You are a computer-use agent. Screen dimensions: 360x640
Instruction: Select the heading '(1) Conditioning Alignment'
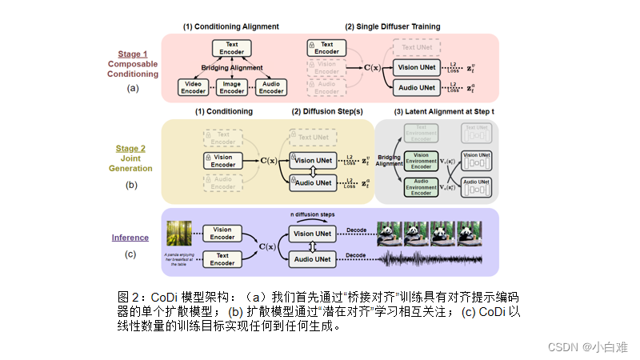(231, 26)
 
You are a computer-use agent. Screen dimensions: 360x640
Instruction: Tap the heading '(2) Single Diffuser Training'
(392, 26)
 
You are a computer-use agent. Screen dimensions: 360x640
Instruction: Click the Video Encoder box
(193, 87)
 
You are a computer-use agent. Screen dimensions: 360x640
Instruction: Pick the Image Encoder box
(232, 87)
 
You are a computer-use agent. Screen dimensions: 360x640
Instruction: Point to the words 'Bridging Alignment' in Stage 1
(231, 68)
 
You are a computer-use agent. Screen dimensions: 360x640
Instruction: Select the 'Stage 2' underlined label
(133, 148)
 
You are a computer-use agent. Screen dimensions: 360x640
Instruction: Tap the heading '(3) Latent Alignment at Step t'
(444, 111)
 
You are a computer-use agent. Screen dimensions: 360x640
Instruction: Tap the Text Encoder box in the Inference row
(222, 259)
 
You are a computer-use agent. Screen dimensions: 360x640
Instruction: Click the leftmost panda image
(391, 233)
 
